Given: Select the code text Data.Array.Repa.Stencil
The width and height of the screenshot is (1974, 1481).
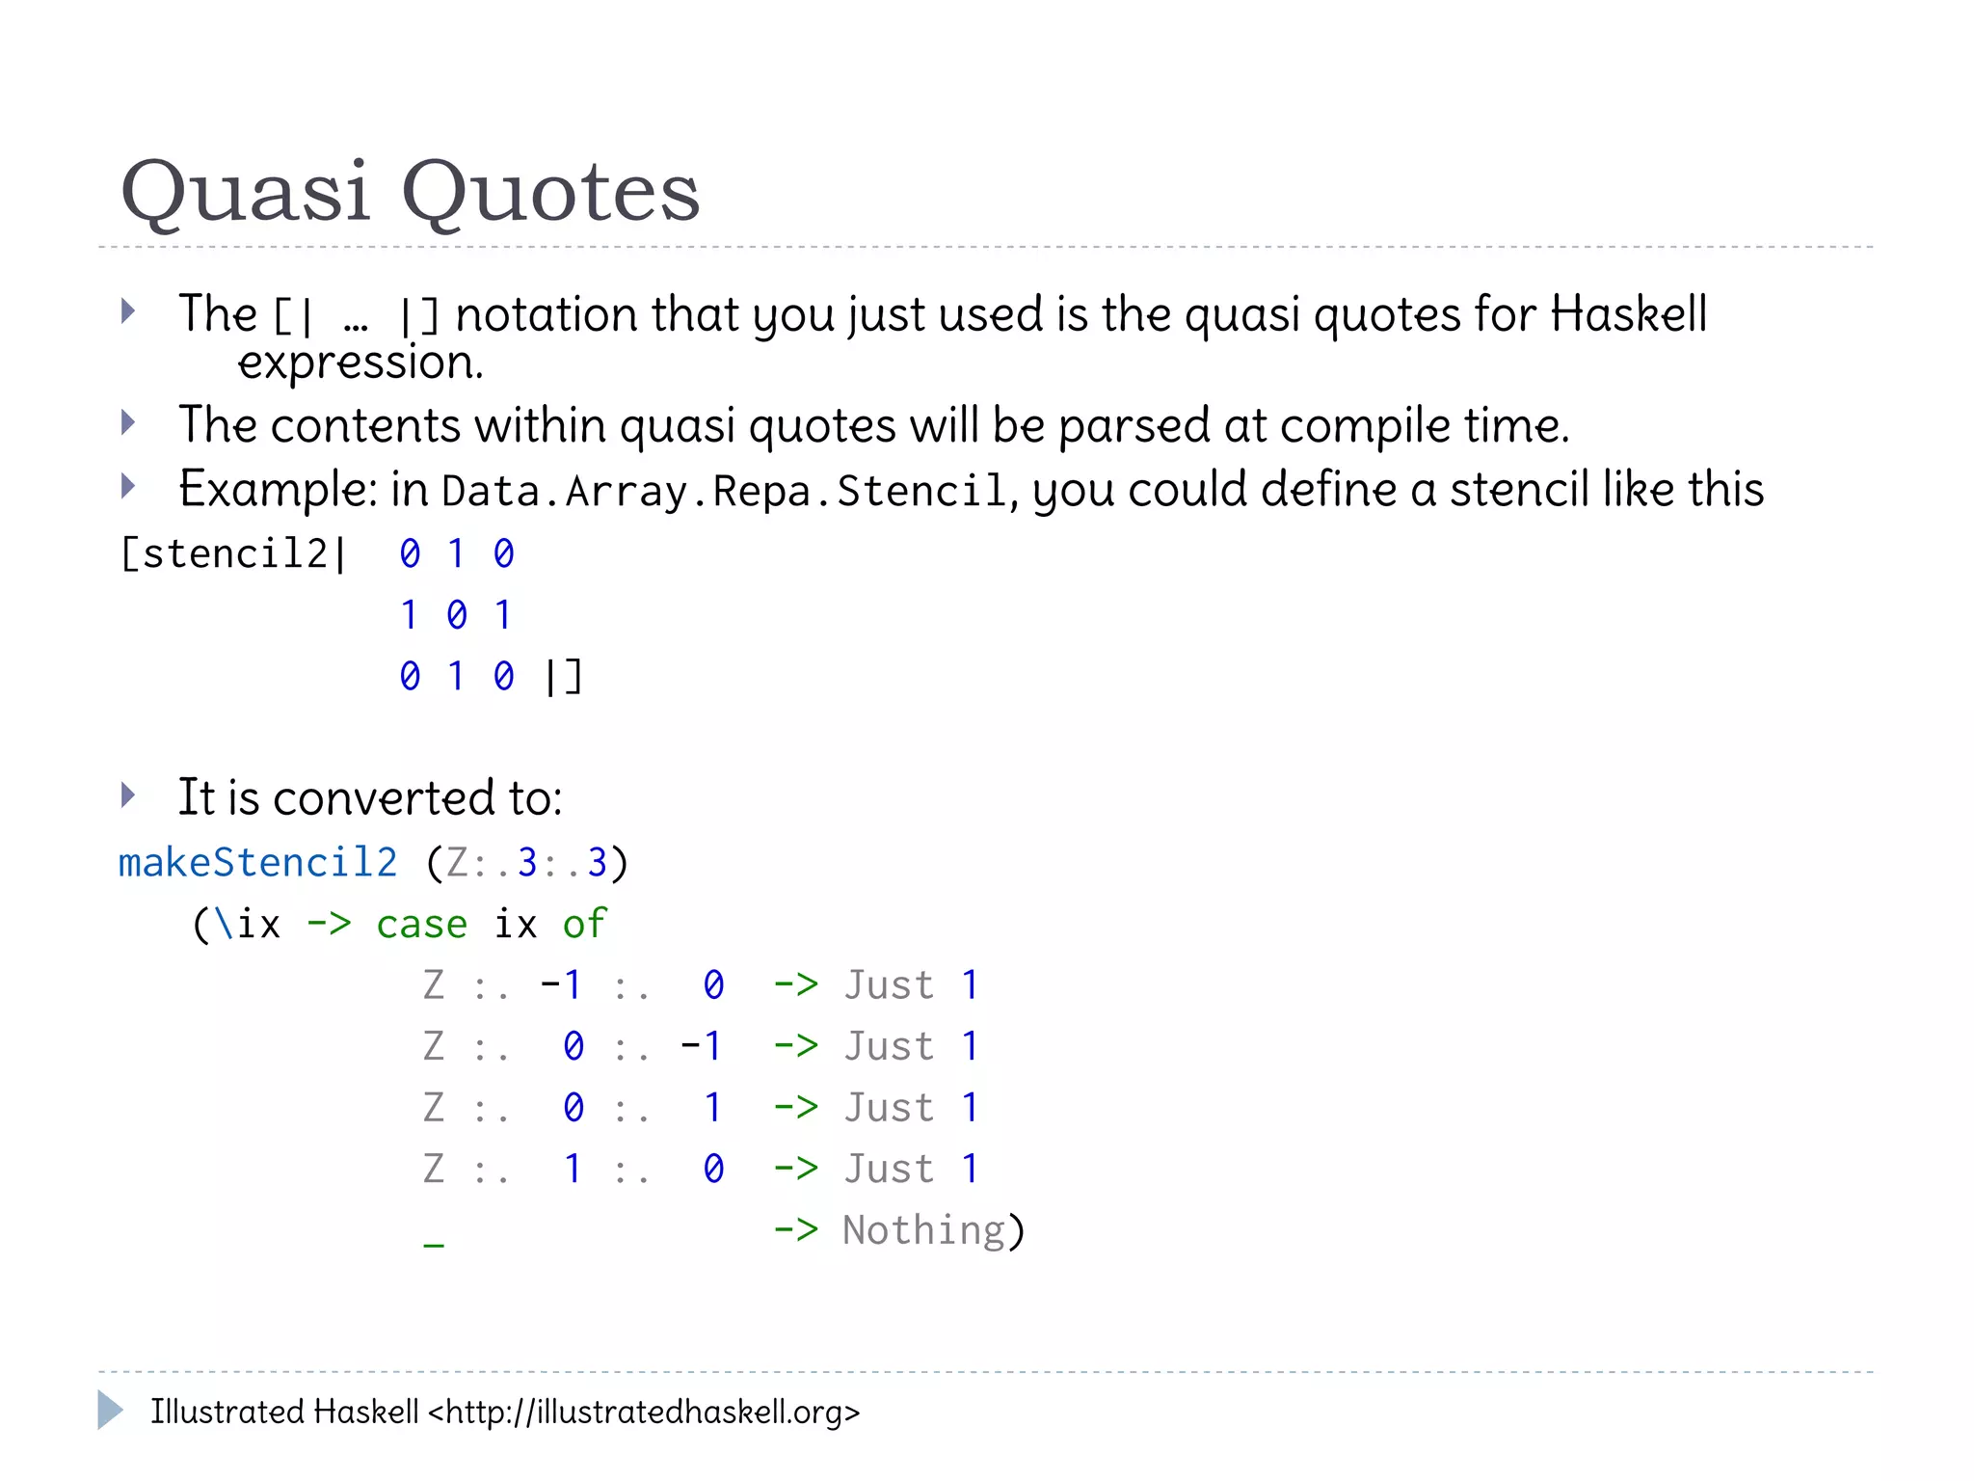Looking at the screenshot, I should pos(723,492).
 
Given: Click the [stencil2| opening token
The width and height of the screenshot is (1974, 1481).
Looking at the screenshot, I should pos(231,554).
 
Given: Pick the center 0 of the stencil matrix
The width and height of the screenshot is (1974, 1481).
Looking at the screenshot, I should pos(457,615).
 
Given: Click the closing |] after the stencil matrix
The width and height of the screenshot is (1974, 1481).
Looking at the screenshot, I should pos(563,677).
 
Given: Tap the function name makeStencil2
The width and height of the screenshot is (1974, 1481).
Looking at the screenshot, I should pos(257,863).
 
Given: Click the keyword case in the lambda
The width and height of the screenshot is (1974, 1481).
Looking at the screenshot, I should pos(421,925).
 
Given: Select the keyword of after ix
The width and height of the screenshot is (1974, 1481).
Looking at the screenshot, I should pos(584,925).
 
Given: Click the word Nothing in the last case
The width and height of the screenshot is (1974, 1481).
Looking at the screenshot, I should pos(923,1231).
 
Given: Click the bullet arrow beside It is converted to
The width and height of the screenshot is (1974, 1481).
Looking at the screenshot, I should pos(128,795).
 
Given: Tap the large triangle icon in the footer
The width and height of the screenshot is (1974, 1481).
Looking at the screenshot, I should pos(110,1411).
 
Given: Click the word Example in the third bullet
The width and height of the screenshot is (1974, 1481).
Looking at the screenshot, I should pos(277,490).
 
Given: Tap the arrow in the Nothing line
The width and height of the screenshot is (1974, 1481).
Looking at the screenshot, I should pos(795,1231).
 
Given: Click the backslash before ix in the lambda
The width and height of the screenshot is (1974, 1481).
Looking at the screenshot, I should pos(224,925).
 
